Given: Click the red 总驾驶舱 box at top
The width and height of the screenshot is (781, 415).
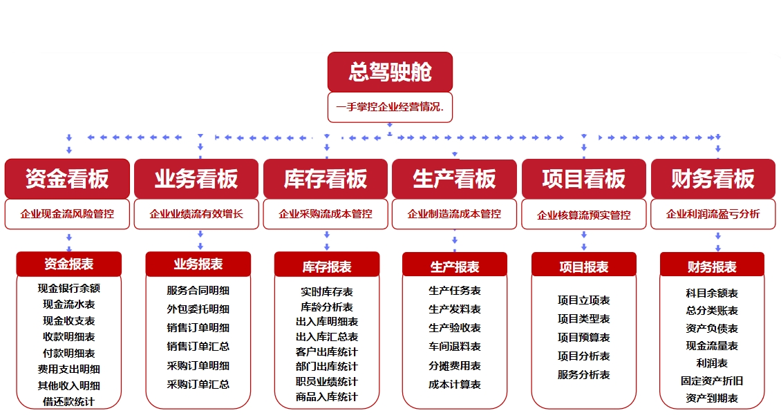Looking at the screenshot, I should pos(390,72).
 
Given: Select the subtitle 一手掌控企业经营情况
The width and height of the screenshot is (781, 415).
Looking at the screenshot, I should pos(390,108).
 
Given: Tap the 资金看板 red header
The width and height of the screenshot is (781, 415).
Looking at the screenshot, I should pos(67,179).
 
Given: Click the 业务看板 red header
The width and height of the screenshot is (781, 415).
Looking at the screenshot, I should pos(196,179).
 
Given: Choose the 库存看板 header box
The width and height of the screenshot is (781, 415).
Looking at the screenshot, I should pos(326,179).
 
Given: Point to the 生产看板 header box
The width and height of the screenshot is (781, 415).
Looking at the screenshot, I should pos(454,179).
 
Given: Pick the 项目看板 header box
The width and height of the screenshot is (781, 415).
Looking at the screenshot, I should pos(584,179).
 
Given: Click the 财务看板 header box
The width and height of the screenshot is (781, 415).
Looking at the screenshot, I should pos(713,179).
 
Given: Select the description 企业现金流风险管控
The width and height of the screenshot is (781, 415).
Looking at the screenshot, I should pos(67,214).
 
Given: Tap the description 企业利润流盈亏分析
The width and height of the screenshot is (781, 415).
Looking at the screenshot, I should pos(713,214).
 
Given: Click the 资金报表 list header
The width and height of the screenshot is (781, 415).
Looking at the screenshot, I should pos(68,264).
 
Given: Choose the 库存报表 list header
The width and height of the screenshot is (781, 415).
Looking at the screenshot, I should pos(327,267).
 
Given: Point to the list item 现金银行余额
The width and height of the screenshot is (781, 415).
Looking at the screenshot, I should pos(68,288).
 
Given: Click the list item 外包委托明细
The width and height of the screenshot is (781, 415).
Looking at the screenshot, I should pos(198,309).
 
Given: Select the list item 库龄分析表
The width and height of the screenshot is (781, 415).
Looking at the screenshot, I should pos(327,307).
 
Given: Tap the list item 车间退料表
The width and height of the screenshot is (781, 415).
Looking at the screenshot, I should pos(455,347).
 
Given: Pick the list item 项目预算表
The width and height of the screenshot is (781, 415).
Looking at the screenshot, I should pos(584,338).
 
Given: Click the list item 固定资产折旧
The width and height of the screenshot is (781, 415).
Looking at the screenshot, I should pos(712,380).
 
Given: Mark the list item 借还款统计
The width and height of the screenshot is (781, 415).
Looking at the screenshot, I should pos(68,401).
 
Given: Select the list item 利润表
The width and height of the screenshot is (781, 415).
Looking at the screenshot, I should pos(712,363).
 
